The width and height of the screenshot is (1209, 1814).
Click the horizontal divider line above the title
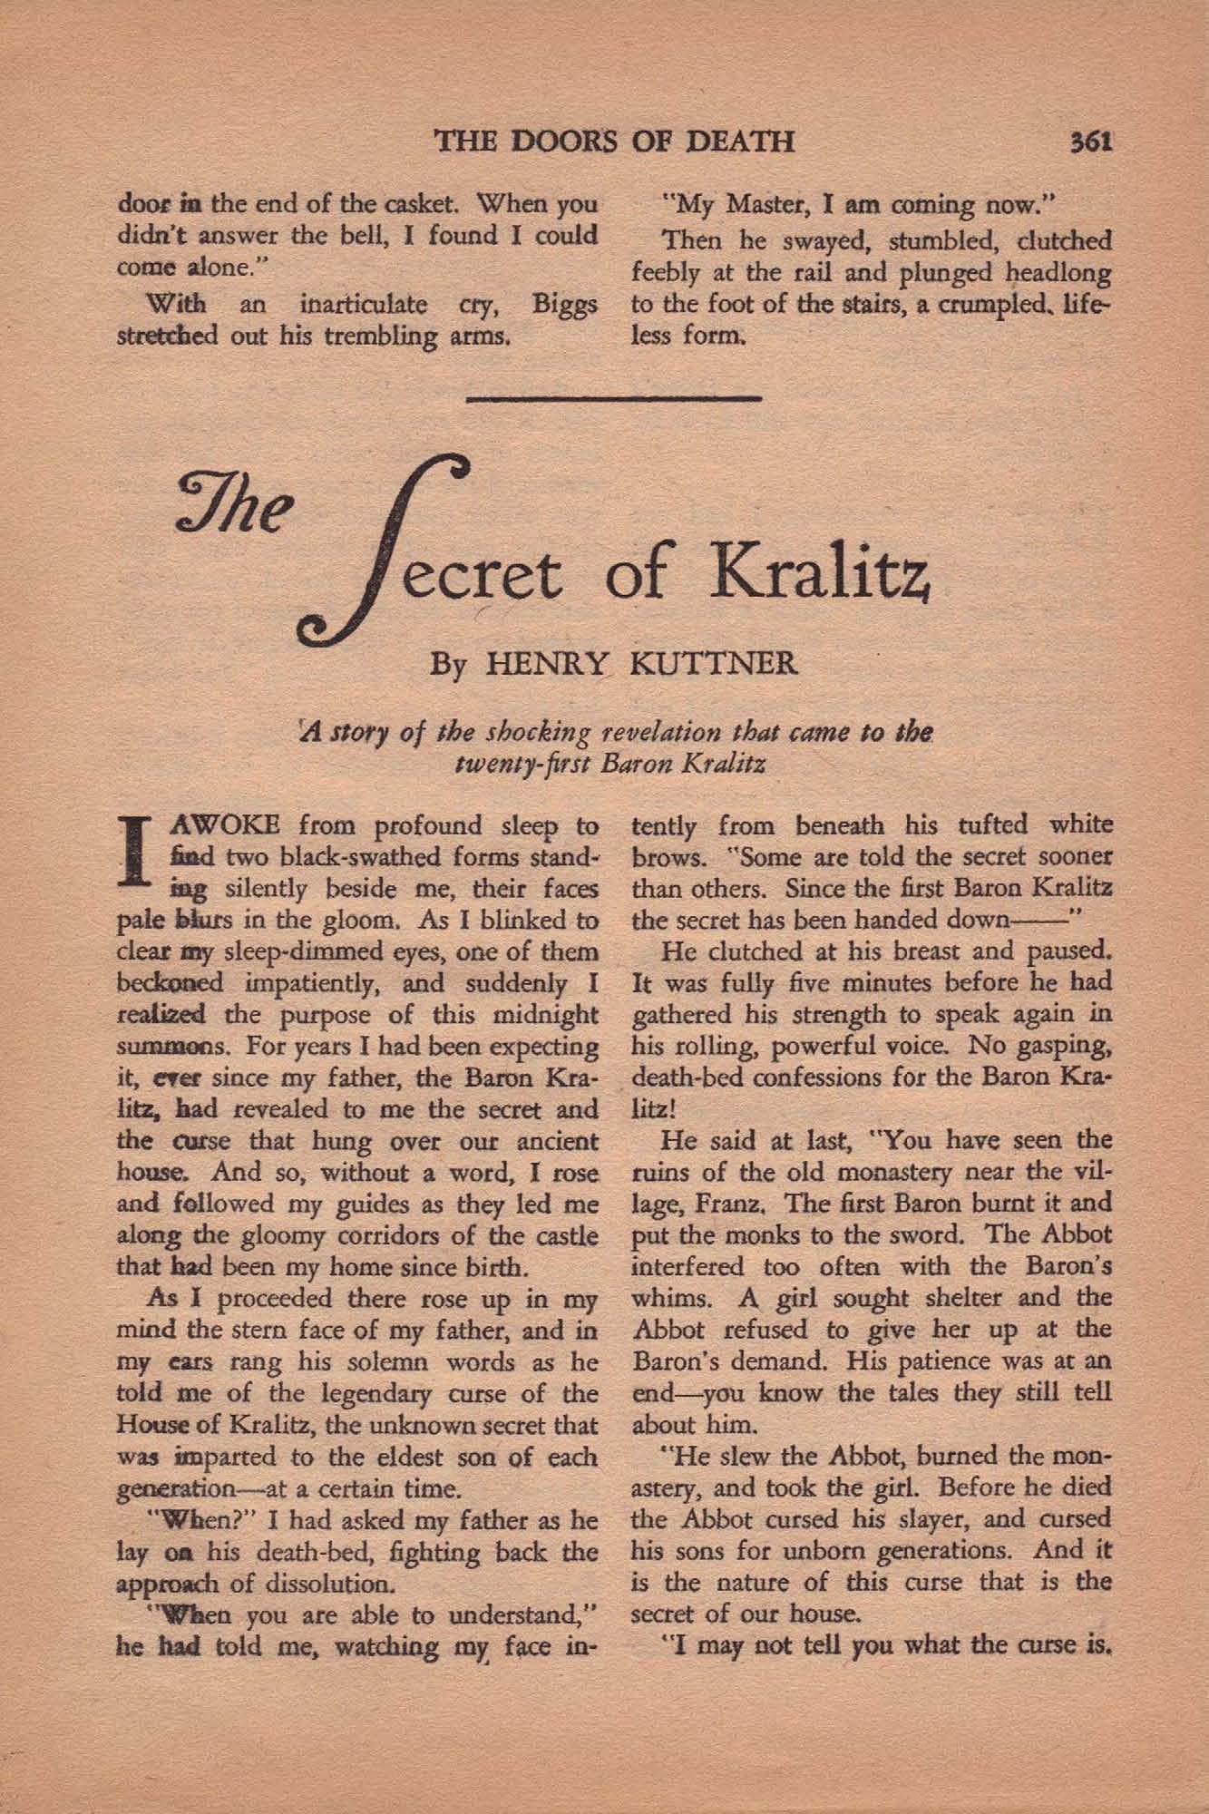(x=619, y=398)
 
